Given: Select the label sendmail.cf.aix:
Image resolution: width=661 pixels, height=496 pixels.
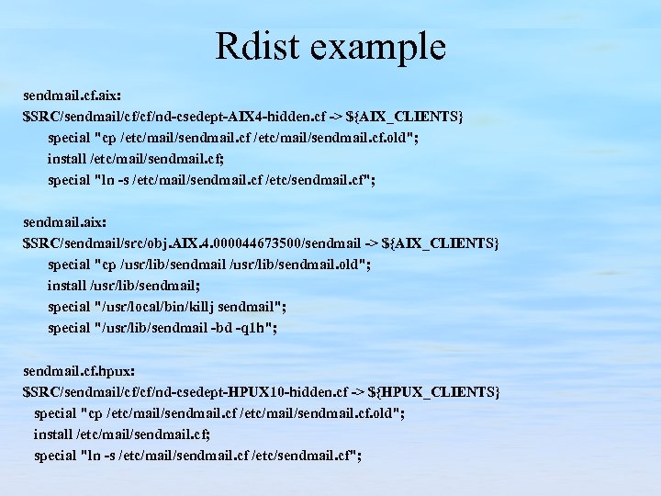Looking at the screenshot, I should click(x=72, y=96).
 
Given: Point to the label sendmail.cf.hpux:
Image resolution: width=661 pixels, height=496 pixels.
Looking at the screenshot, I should click(x=79, y=371).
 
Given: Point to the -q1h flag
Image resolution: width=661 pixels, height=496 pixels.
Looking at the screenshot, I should click(x=253, y=328).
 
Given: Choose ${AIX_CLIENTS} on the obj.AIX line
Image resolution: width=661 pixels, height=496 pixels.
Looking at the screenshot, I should click(x=445, y=243).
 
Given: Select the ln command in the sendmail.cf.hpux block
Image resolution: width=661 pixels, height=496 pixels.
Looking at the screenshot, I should click(x=95, y=456).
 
